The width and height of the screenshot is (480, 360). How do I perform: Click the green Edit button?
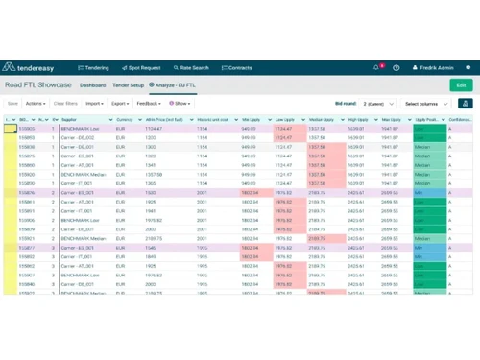coord(461,85)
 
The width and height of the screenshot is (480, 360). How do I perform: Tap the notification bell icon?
coord(376,68)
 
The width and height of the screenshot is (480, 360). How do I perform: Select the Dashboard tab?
coord(93,85)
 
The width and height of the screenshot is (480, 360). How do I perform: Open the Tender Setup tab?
coord(129,85)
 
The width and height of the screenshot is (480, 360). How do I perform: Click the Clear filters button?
coord(65,103)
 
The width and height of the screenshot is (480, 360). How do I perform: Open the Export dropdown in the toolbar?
coord(121,103)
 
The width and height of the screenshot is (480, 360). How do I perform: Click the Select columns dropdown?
coord(426,103)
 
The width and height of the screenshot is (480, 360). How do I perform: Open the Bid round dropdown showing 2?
coord(375,103)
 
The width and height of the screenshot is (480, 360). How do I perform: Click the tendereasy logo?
coord(36,68)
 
